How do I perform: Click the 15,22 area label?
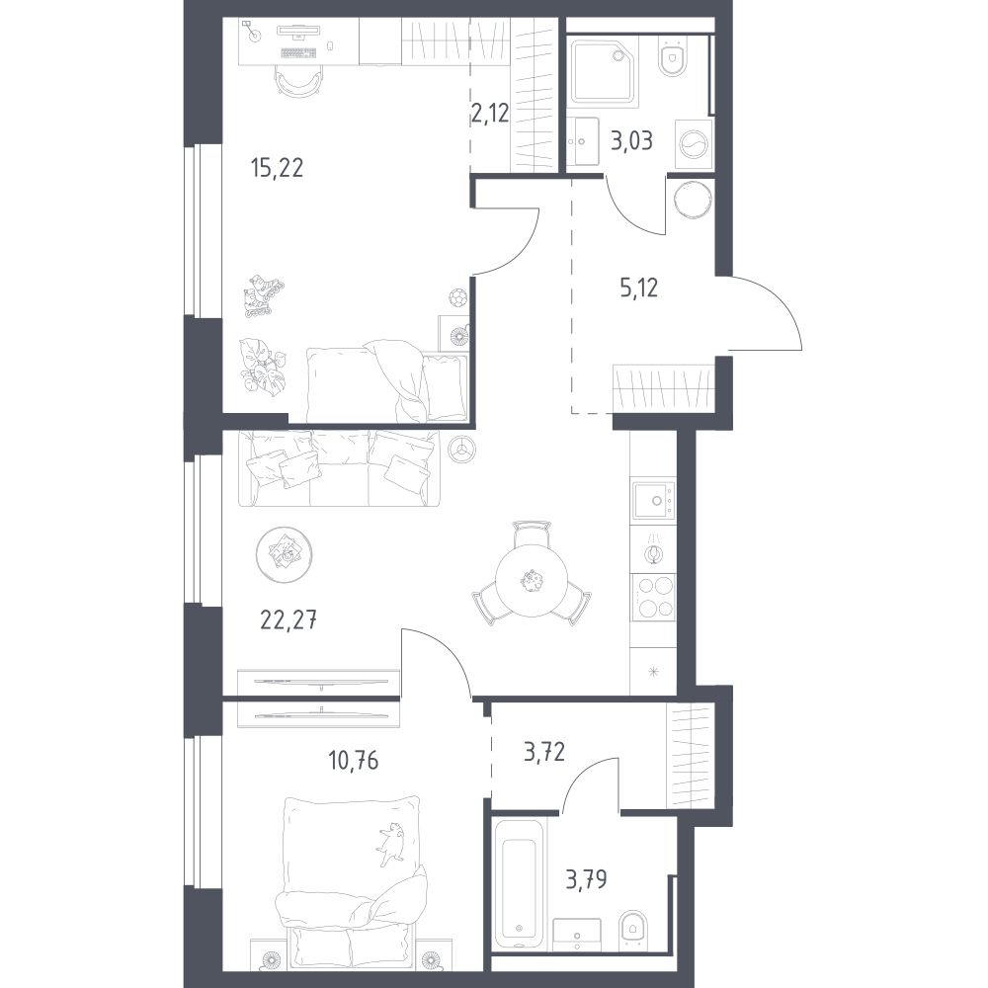(277, 168)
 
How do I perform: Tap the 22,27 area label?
(288, 620)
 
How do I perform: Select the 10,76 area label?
(353, 761)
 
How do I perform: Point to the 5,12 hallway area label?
(639, 288)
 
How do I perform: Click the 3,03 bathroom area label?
(631, 140)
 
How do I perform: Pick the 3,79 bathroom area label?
(586, 879)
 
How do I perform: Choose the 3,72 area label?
(544, 752)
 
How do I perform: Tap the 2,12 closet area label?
(490, 114)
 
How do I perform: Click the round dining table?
(532, 580)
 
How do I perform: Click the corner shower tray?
(603, 70)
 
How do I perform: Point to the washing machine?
(694, 143)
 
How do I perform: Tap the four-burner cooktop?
(653, 598)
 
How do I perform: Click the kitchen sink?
(653, 500)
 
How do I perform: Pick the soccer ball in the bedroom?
(457, 296)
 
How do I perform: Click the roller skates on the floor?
(263, 295)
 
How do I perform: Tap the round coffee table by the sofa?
(285, 554)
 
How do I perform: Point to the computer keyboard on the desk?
(297, 53)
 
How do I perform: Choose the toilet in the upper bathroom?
(672, 55)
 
